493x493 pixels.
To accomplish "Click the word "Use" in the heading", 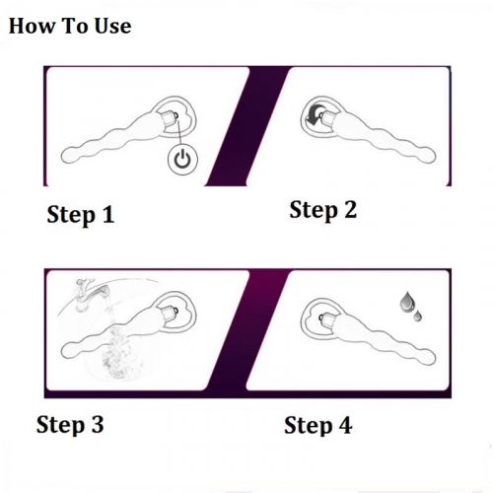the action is point(112,26).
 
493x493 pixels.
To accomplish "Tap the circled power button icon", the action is point(182,160).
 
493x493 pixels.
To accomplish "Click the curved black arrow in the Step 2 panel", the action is point(314,116).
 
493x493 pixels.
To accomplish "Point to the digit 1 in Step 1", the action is point(107,215).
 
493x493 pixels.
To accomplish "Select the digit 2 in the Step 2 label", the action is point(350,210).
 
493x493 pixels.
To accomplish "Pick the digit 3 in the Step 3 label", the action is point(98,424).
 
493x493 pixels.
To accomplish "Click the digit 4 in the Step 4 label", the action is point(345,425).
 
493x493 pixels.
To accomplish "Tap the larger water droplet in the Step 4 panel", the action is point(406,302).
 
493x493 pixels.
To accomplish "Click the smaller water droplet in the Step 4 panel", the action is point(418,316).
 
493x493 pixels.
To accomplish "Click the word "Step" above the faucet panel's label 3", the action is point(60,425).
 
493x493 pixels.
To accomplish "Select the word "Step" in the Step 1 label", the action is point(71,216).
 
